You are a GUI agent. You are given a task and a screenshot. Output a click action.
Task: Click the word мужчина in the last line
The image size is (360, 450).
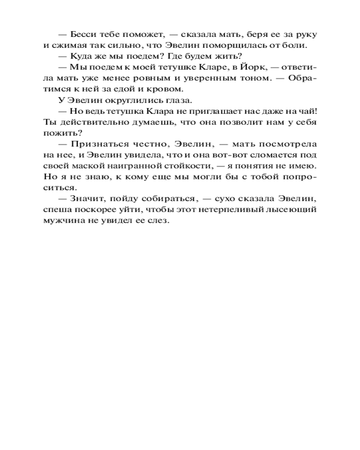tap(64, 221)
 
